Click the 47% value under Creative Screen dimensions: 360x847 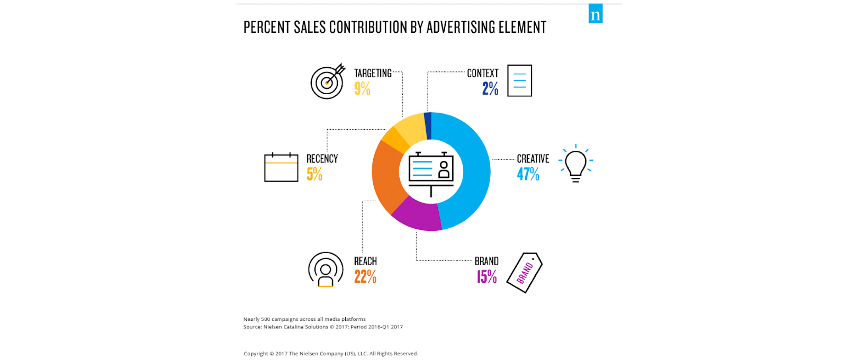528,174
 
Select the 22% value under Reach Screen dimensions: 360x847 365,276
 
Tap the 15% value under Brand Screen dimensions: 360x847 486,276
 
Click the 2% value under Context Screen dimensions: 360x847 490,88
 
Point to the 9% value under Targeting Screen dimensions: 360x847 362,88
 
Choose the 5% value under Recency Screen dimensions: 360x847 314,174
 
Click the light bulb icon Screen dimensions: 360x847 575,163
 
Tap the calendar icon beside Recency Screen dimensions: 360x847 281,167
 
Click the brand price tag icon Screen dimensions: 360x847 525,272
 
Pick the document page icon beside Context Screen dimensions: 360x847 519,80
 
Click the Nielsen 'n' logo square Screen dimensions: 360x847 596,14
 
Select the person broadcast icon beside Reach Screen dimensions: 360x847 326,269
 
